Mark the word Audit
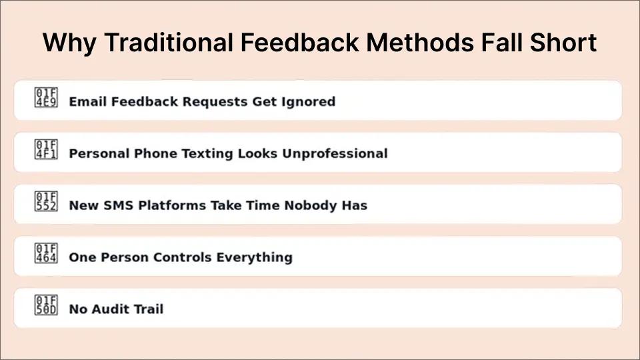click(111, 309)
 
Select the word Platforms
click(171, 205)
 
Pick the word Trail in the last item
click(149, 309)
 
